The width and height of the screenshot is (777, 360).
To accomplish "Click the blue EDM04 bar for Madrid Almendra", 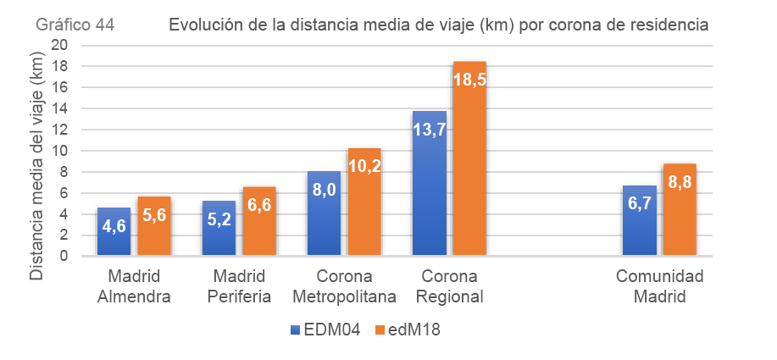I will pyautogui.click(x=114, y=231).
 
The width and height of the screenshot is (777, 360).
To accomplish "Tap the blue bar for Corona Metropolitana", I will pyautogui.click(x=324, y=213).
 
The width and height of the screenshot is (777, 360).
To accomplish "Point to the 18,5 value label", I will pyautogui.click(x=469, y=80).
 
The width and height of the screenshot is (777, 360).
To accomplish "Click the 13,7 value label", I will pyautogui.click(x=429, y=130).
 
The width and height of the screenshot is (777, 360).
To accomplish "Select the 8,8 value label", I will pyautogui.click(x=680, y=181).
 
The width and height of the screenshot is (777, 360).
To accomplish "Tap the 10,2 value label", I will pyautogui.click(x=364, y=167).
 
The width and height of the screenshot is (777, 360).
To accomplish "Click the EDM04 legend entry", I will pyautogui.click(x=325, y=330).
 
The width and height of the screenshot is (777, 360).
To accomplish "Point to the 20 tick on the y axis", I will pyautogui.click(x=59, y=45).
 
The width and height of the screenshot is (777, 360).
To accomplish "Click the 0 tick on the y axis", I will pyautogui.click(x=64, y=256).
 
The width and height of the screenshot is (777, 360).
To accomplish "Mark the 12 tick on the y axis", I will pyautogui.click(x=59, y=130).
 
